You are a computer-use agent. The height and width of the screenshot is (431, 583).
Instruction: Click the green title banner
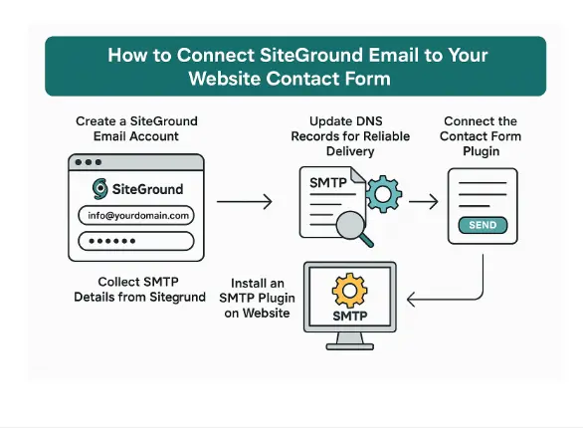point(295,66)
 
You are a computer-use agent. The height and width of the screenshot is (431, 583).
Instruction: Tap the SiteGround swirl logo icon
point(100,188)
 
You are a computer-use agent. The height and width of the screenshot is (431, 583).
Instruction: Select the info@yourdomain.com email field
point(136,215)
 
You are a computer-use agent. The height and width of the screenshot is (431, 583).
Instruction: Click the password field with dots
point(136,242)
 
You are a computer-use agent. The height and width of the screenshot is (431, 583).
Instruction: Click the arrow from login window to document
point(244,202)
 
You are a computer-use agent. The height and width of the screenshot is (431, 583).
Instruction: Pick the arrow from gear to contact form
point(423,201)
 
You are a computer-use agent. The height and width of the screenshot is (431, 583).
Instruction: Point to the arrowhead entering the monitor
point(414,297)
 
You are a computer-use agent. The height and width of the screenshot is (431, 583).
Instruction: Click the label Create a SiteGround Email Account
point(136,128)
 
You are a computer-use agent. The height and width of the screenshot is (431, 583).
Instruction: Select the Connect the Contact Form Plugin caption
point(483,135)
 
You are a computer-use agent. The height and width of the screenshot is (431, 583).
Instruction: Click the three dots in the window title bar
point(89,162)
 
